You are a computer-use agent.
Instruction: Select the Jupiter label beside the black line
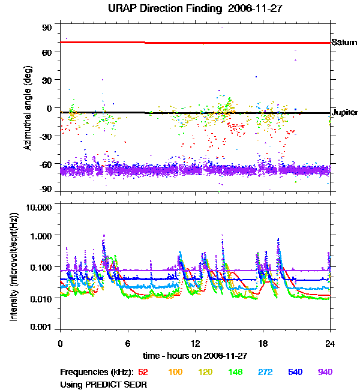pyautogui.click(x=345, y=113)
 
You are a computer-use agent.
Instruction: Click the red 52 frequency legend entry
pyautogui.click(x=143, y=372)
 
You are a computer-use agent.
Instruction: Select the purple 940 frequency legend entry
pyautogui.click(x=324, y=372)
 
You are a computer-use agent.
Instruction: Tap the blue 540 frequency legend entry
pyautogui.click(x=295, y=372)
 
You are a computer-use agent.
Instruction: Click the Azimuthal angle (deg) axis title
pyautogui.click(x=28, y=109)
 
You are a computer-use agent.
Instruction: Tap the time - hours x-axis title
pyautogui.click(x=195, y=355)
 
